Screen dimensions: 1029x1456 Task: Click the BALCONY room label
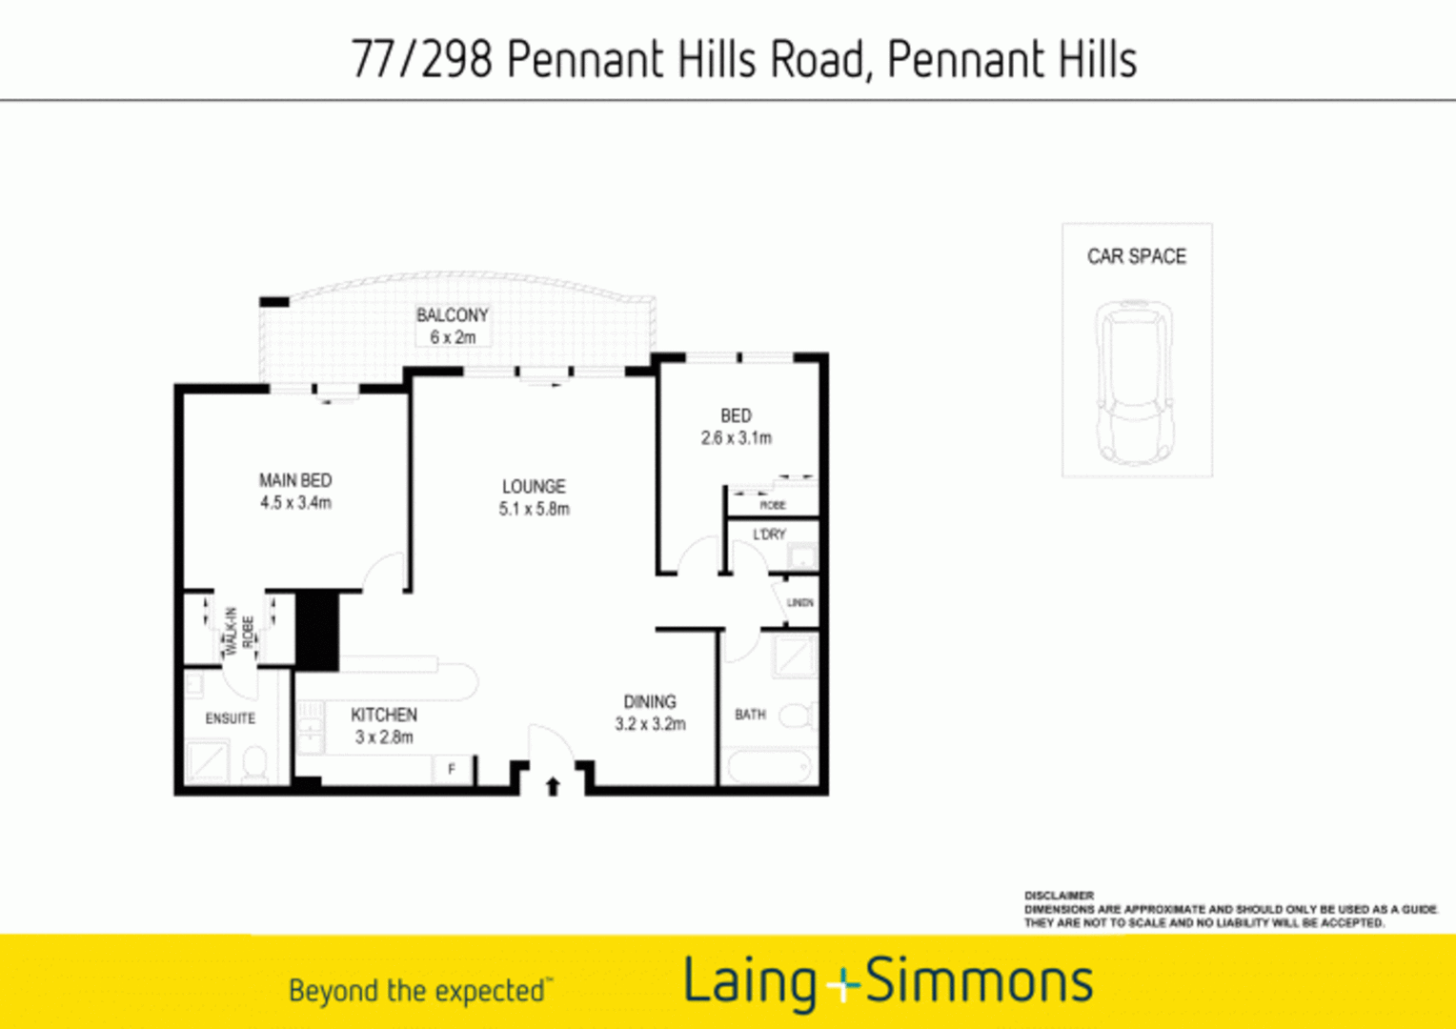pos(452,315)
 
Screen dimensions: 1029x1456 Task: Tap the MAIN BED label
pos(295,480)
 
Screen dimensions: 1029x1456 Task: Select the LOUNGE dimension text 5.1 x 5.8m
pos(534,509)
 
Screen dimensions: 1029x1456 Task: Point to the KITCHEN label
pos(384,715)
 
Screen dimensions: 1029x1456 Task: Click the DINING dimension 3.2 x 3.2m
pos(650,724)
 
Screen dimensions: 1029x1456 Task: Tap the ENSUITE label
pos(231,718)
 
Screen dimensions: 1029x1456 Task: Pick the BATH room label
pos(750,714)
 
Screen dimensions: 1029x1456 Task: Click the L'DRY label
pos(769,535)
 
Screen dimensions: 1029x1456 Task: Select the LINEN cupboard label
pos(799,602)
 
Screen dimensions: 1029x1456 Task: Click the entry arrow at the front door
pos(553,786)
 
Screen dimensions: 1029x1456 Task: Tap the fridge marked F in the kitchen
pos(452,769)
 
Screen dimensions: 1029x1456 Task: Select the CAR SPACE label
pos(1137,256)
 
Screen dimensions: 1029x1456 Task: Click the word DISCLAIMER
pos(1059,896)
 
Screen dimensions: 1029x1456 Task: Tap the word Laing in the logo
pos(750,982)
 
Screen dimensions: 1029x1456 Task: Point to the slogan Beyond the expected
pos(418,991)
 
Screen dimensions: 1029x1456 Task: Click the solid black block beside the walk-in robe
pos(317,630)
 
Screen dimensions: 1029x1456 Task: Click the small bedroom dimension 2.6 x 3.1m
pos(736,438)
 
